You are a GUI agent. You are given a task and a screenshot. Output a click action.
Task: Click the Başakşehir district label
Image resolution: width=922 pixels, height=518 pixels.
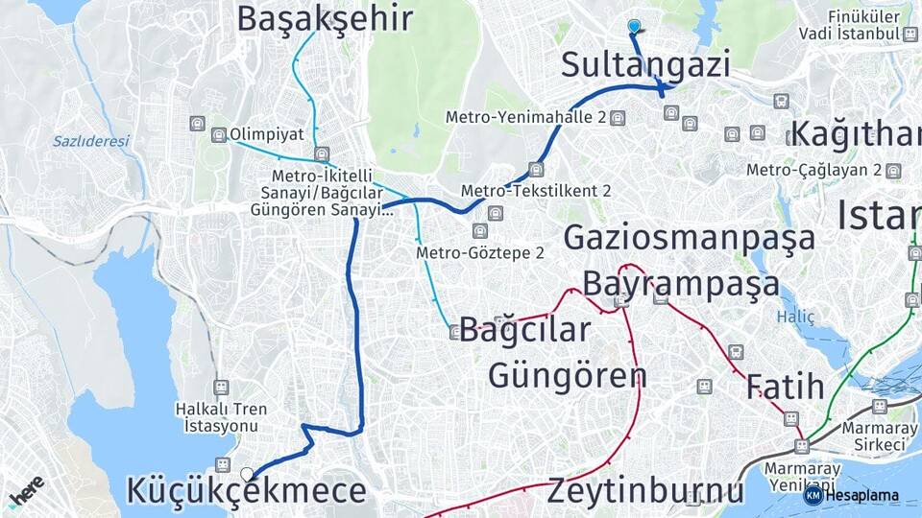(325, 18)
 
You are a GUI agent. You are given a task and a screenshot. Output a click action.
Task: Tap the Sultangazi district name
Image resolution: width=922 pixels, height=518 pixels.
(645, 65)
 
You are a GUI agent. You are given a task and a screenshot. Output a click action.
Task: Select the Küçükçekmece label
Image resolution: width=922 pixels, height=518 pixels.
(246, 491)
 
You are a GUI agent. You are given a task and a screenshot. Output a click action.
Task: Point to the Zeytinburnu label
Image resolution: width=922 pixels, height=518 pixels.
(645, 491)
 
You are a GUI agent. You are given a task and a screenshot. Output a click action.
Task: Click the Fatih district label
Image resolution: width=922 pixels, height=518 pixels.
(786, 387)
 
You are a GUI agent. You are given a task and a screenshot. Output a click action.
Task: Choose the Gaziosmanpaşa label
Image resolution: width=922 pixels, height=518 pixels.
(689, 237)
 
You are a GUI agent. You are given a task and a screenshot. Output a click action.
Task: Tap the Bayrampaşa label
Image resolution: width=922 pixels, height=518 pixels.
(681, 284)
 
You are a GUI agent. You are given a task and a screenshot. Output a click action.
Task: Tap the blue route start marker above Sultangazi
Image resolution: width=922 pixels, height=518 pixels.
(634, 26)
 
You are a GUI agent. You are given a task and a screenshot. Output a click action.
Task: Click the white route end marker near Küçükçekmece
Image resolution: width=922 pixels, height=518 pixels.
(248, 473)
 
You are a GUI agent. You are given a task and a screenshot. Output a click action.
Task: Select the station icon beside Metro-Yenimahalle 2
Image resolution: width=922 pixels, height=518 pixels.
(617, 118)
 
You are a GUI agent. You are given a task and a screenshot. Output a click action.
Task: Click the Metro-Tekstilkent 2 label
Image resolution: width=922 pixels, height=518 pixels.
(536, 191)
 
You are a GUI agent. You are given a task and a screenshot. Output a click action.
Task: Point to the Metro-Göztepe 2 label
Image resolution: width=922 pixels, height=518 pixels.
(480, 253)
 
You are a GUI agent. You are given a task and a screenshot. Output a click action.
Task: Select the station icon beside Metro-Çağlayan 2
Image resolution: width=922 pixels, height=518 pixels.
(894, 171)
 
